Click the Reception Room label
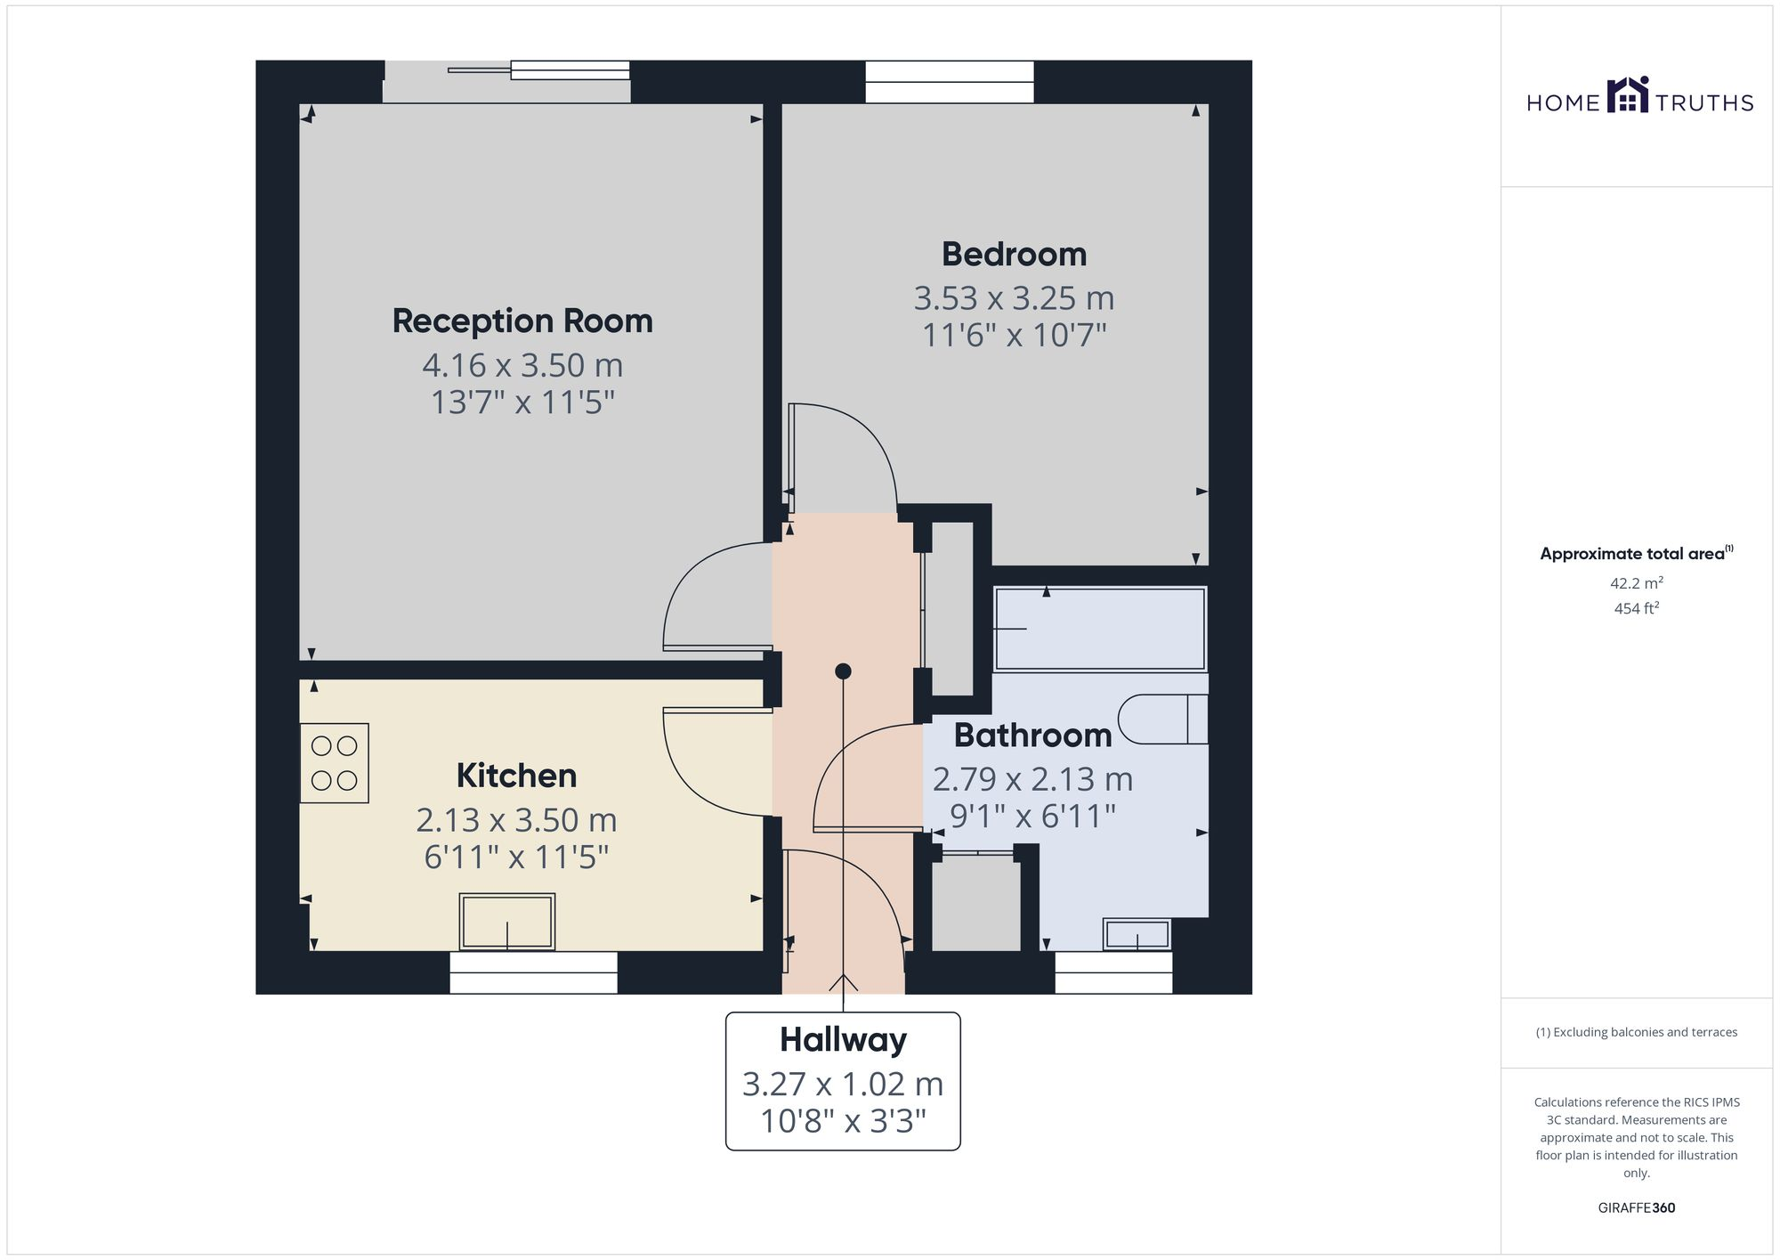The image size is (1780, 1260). click(522, 321)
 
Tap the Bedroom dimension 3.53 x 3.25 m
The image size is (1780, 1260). click(1014, 298)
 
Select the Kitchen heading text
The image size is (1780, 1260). click(516, 776)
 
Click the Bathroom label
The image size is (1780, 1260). click(1032, 736)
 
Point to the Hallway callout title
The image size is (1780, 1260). click(843, 1040)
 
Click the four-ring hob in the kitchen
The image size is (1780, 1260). click(334, 763)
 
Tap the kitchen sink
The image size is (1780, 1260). click(507, 922)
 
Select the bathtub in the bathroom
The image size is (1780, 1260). click(1100, 629)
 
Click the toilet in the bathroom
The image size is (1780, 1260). click(1161, 719)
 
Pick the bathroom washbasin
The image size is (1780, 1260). click(1137, 934)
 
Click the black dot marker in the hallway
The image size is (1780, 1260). click(843, 671)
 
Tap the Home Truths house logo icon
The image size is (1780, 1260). click(1628, 95)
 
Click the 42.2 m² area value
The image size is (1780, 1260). click(1636, 584)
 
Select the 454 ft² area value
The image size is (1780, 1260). click(1636, 609)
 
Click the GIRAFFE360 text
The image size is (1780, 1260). click(1636, 1208)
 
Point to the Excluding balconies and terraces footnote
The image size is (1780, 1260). click(1636, 1033)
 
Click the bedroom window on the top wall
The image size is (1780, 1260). click(950, 82)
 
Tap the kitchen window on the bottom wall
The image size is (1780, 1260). click(533, 972)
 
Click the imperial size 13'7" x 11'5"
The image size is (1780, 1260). click(522, 402)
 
